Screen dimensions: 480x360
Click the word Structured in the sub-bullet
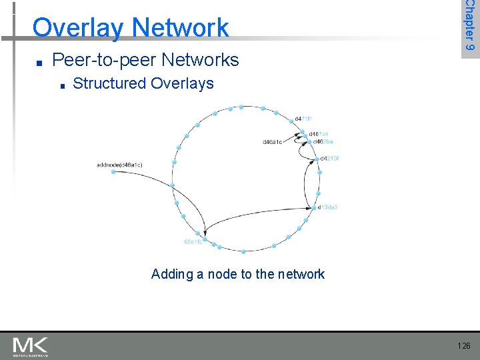(x=109, y=83)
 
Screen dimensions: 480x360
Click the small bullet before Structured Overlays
(x=61, y=85)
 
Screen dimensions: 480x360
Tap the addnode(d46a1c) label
(x=119, y=164)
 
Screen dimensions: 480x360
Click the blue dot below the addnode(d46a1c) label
(x=113, y=172)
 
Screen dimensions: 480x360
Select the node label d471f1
(x=303, y=119)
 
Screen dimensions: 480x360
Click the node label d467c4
(x=318, y=134)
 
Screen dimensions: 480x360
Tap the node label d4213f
(x=330, y=159)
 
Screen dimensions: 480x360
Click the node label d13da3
(x=328, y=207)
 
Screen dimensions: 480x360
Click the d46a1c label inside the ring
(x=273, y=142)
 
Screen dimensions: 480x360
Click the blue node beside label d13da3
(x=315, y=207)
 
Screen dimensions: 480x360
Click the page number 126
(x=464, y=345)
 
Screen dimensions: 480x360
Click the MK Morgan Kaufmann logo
(x=31, y=346)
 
